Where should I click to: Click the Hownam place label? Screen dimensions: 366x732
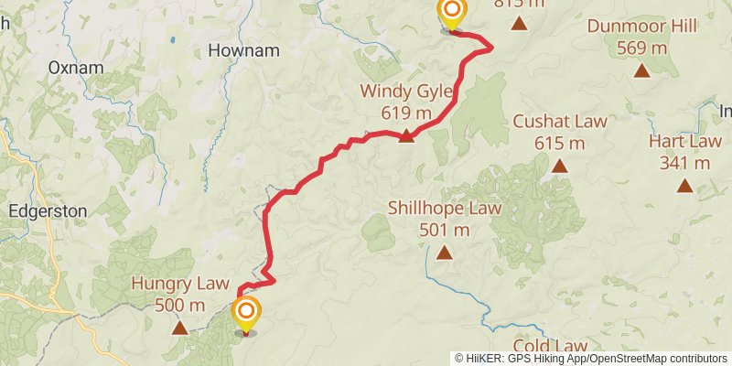click(243, 50)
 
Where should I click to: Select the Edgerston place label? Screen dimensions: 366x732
click(47, 210)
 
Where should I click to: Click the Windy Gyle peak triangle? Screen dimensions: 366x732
click(406, 136)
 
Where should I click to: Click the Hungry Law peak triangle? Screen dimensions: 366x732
click(180, 327)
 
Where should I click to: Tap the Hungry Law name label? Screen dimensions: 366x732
click(180, 283)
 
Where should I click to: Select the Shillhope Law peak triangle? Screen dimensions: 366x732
click(445, 253)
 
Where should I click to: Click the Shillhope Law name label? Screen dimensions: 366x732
click(445, 209)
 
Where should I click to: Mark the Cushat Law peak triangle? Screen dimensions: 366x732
click(559, 166)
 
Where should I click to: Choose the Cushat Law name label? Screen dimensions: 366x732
click(559, 122)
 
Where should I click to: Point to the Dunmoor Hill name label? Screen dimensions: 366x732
click(642, 27)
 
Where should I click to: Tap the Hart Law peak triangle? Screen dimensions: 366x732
click(684, 186)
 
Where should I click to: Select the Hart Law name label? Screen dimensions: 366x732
click(684, 142)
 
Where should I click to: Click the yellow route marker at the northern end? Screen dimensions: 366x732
click(451, 13)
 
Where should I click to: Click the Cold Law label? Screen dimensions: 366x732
click(550, 346)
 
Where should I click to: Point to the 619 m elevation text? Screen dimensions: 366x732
click(406, 113)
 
